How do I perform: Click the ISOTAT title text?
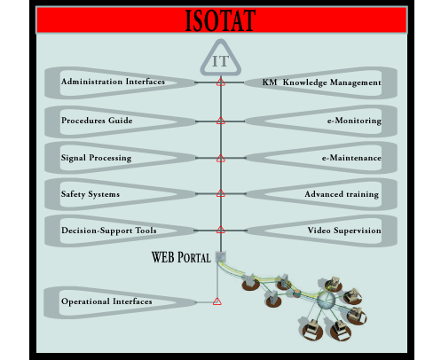tap(220, 20)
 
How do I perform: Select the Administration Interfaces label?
tap(113, 82)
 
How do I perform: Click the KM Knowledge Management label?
tap(321, 82)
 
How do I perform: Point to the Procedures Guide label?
tap(97, 121)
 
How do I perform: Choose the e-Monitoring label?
tap(354, 121)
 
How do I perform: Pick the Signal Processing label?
tap(96, 158)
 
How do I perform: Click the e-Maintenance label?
tap(351, 158)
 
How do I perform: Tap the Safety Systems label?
tap(91, 194)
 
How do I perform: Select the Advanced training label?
tap(342, 194)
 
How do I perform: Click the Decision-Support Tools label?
tap(108, 231)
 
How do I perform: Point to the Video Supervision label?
tap(344, 231)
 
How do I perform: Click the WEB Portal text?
tap(181, 257)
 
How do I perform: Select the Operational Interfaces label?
tap(106, 301)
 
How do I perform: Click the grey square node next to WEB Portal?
tap(221, 257)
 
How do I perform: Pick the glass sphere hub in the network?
tap(326, 301)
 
